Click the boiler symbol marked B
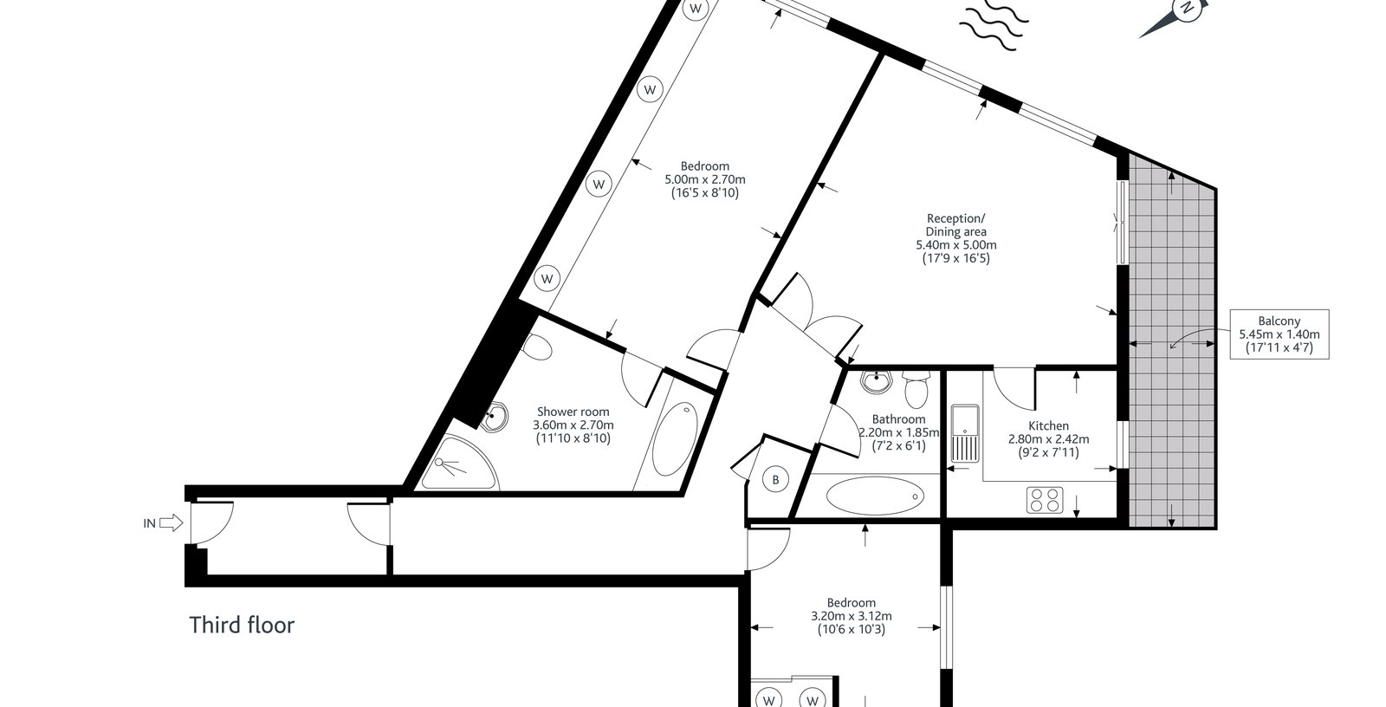[x=775, y=479]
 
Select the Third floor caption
[x=242, y=626]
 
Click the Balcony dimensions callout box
[x=1279, y=334]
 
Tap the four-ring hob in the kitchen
[x=1045, y=500]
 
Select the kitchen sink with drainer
[x=965, y=433]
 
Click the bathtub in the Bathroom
[x=875, y=496]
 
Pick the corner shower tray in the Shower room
[x=458, y=463]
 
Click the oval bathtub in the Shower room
[x=675, y=438]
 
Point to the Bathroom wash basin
[x=875, y=381]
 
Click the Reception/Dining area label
[x=956, y=238]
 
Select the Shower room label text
[x=573, y=425]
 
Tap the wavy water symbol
[x=994, y=25]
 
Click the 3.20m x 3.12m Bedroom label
[x=852, y=616]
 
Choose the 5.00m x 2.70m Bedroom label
[x=705, y=179]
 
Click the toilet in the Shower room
[x=536, y=347]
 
